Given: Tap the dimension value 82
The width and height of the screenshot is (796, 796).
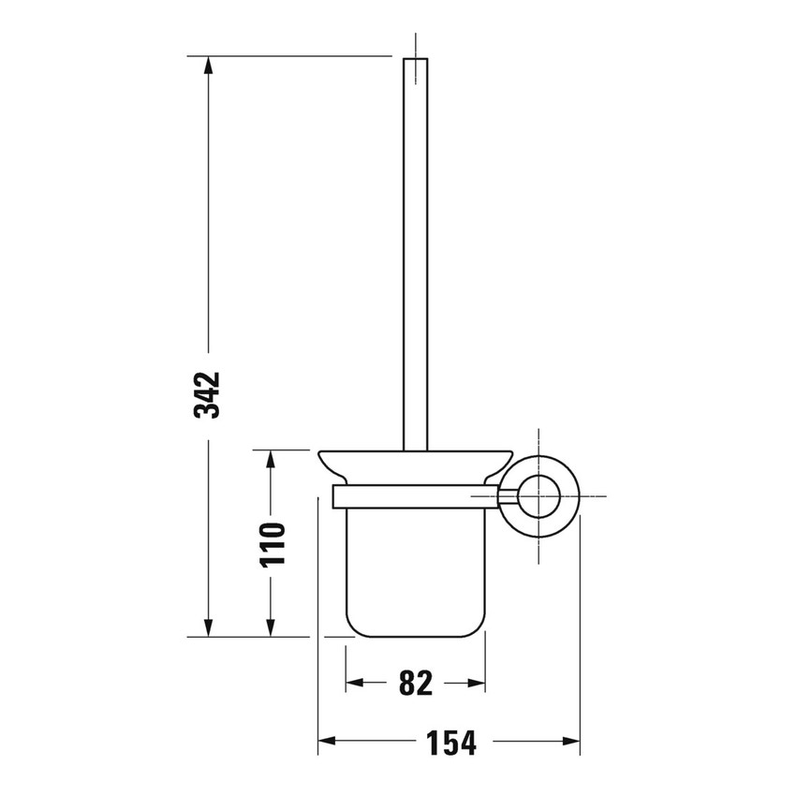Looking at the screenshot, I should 415,684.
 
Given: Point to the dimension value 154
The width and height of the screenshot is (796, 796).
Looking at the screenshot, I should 452,743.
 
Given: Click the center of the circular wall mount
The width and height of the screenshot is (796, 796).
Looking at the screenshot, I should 539,495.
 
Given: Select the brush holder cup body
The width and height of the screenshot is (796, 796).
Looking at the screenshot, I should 416,571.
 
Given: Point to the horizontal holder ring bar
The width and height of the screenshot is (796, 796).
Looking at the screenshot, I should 415,495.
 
